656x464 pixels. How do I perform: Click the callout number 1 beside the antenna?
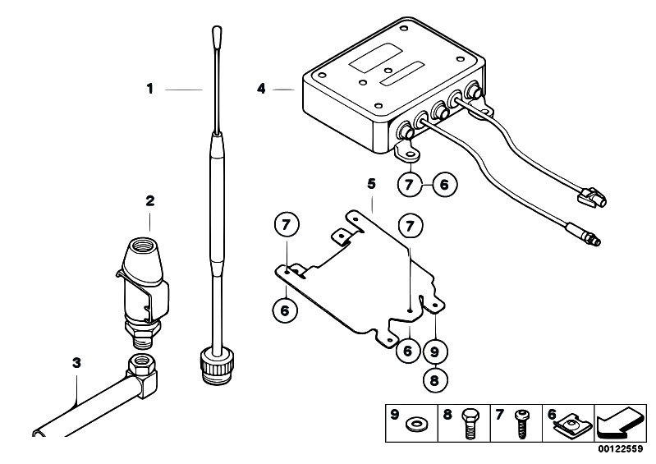point(149,89)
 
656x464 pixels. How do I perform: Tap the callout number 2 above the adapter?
point(149,201)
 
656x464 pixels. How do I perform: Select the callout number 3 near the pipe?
point(76,363)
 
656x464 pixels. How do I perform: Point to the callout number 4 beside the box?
point(261,89)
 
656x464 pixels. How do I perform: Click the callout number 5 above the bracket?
point(371,184)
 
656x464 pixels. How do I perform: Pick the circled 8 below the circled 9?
point(434,380)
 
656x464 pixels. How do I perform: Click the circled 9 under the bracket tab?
point(434,351)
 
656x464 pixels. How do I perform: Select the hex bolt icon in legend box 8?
point(469,423)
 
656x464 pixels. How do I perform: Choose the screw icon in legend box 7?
point(521,424)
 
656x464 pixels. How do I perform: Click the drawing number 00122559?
point(620,449)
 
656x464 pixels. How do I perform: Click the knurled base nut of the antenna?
point(217,368)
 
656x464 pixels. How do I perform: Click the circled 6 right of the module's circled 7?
point(444,184)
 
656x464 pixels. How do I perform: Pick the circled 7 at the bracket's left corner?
point(287,225)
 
